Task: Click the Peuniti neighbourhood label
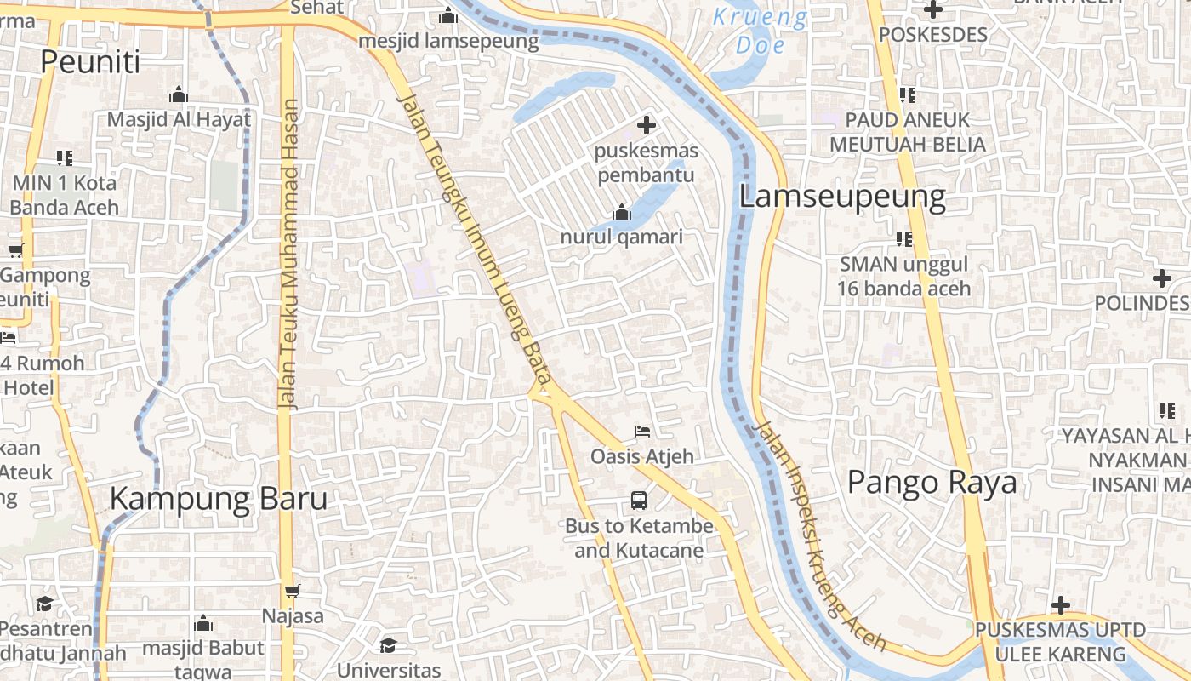[x=90, y=61]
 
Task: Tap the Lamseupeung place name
[x=841, y=197]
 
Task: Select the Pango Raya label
[x=932, y=483]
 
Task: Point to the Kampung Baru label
[x=219, y=499]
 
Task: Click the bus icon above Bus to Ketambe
[x=639, y=501]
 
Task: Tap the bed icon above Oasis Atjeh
[x=642, y=432]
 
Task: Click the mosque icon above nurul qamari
[x=622, y=212]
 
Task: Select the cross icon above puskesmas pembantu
[x=647, y=125]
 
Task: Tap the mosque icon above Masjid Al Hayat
[x=179, y=94]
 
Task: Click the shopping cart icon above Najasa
[x=293, y=590]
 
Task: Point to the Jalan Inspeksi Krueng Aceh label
[x=821, y=536]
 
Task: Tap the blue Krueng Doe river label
[x=760, y=30]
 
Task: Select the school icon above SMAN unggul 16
[x=903, y=239]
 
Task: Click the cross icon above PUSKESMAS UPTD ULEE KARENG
[x=1060, y=605]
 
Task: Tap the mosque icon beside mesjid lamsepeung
[x=448, y=15]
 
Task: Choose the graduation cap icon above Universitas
[x=389, y=644]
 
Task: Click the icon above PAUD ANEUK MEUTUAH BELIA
[x=907, y=94]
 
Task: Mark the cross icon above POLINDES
[x=1161, y=278]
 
